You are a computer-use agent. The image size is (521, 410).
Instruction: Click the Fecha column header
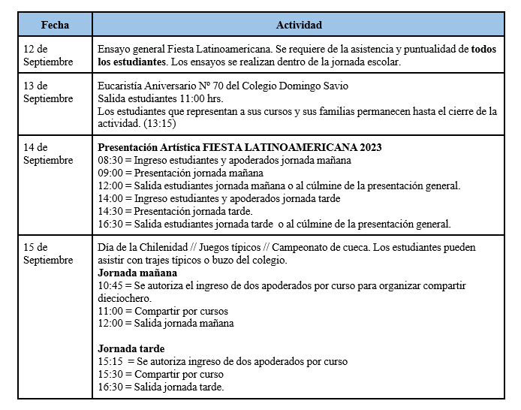[x=55, y=25]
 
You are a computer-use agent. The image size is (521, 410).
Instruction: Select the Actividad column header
[x=299, y=25]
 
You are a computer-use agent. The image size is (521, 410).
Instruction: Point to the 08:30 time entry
[x=110, y=160]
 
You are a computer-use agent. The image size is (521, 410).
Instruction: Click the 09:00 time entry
[x=110, y=173]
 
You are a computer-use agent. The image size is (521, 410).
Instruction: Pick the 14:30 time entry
[x=110, y=211]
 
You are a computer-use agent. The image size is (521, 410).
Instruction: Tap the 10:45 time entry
[x=110, y=285]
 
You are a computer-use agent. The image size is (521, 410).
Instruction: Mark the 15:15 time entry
[x=110, y=361]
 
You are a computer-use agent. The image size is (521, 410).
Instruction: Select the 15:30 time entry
[x=110, y=374]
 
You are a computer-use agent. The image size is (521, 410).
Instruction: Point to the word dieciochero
[x=125, y=298]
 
